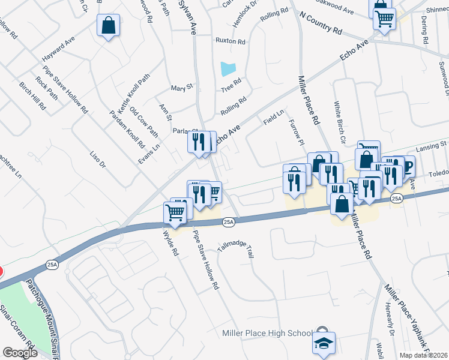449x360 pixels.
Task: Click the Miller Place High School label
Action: pyautogui.click(x=267, y=334)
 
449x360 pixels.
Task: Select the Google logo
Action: pyautogui.click(x=20, y=353)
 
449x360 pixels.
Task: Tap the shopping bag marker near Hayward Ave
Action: pyautogui.click(x=108, y=26)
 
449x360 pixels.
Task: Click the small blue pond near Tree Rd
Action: pyautogui.click(x=228, y=69)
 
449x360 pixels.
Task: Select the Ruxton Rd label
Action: pyautogui.click(x=231, y=42)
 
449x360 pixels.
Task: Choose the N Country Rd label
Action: pyautogui.click(x=320, y=22)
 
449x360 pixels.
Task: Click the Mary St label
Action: pyautogui.click(x=181, y=88)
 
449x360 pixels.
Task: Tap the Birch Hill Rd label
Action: pyautogui.click(x=33, y=96)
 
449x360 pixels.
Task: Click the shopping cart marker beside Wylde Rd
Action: pyautogui.click(x=175, y=212)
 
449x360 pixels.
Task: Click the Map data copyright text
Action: pyautogui.click(x=424, y=355)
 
